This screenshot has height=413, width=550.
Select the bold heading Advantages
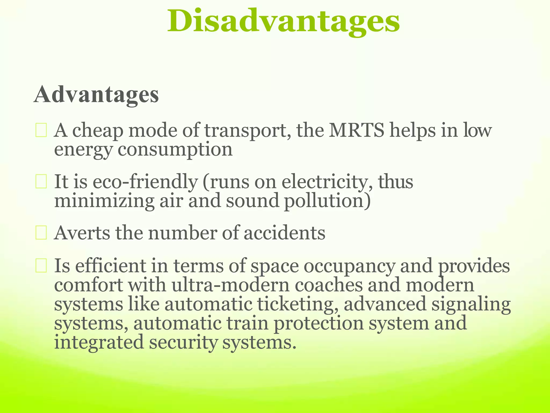pos(96,95)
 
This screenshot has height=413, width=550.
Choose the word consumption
pos(175,149)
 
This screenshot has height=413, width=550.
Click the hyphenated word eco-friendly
pos(145,182)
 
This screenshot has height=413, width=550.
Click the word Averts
pos(82,233)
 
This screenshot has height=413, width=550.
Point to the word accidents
pos(284,233)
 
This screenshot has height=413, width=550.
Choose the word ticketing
pos(298,304)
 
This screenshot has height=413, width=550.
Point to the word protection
pos(319,323)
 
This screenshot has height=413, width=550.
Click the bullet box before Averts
pos(41,233)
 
